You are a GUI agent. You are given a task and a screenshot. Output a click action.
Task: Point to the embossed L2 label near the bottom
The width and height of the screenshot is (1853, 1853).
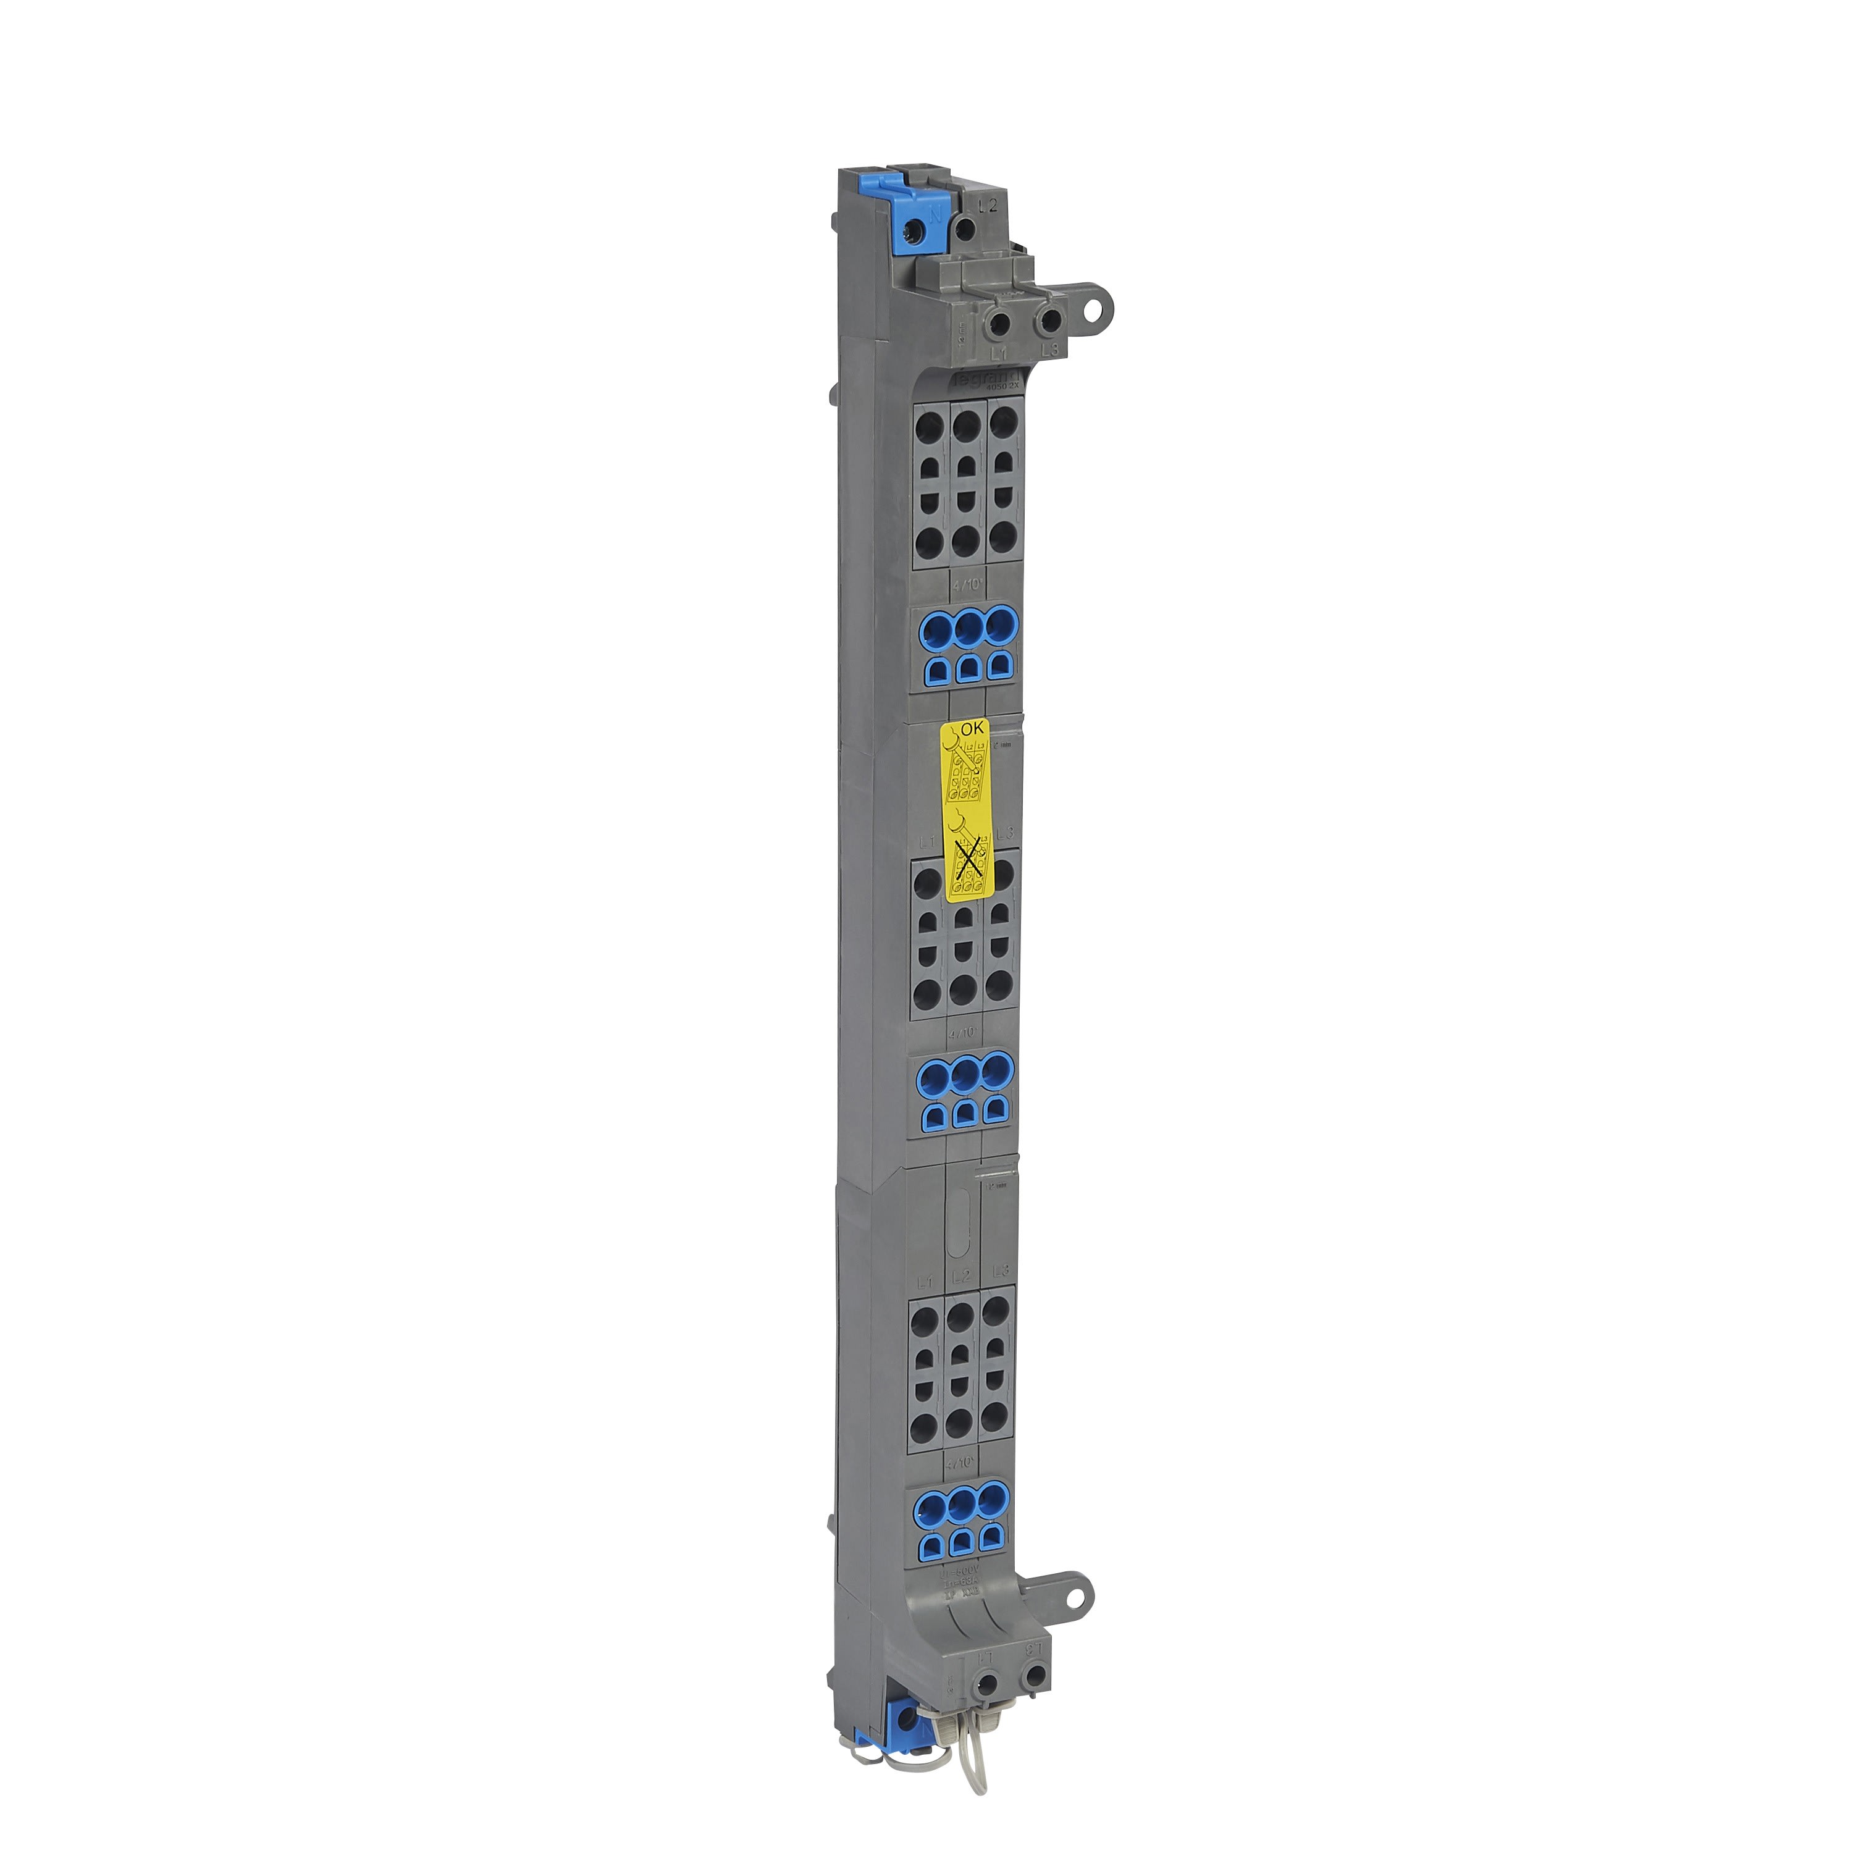tap(962, 1275)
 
